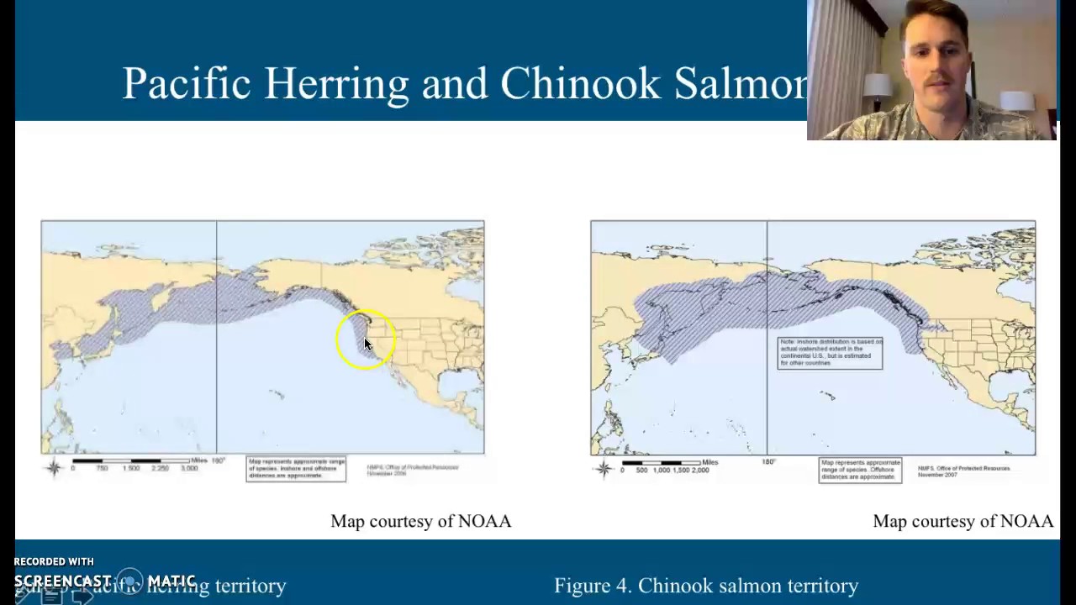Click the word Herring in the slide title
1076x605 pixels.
click(336, 84)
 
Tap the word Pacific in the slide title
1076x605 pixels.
click(187, 84)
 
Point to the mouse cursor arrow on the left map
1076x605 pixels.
click(367, 344)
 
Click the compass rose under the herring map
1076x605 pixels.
click(55, 467)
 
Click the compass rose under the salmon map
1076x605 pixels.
click(604, 468)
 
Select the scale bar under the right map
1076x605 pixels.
click(664, 462)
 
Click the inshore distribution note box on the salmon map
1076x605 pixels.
click(830, 352)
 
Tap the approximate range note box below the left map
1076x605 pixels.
click(296, 469)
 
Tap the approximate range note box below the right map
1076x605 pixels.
click(860, 470)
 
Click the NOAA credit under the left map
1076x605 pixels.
click(420, 522)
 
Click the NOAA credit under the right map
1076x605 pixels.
click(963, 522)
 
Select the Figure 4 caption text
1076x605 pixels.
click(706, 586)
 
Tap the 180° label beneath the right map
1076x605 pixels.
click(768, 461)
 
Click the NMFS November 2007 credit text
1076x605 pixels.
click(952, 471)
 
